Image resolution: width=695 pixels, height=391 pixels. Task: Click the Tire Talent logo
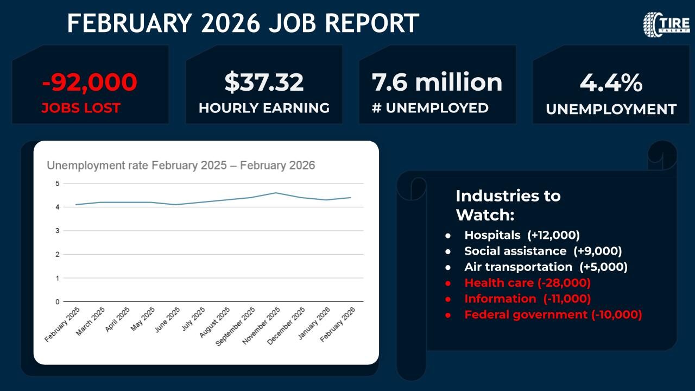(666, 24)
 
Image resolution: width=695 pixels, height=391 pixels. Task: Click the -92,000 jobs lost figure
(90, 82)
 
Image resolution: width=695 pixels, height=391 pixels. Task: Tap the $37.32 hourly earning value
(264, 82)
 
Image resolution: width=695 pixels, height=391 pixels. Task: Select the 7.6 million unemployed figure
(437, 82)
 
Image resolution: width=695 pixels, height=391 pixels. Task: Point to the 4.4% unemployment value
(611, 84)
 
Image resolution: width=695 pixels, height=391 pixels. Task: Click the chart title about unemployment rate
(181, 165)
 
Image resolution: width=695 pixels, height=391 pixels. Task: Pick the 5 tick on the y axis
(56, 184)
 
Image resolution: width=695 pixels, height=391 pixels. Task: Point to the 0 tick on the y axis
(56, 301)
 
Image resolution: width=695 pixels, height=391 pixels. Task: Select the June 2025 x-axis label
(168, 320)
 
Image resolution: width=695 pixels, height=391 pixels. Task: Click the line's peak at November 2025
(276, 193)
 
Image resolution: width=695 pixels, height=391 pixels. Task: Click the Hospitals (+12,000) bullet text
(522, 235)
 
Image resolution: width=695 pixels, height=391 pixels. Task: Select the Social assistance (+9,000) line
(543, 251)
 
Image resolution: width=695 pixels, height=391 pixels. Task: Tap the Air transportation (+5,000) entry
(546, 267)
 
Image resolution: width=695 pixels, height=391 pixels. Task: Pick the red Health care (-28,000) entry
(527, 282)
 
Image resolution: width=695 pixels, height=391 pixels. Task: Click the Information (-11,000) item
(527, 298)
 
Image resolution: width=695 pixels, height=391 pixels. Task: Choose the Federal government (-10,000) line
(553, 314)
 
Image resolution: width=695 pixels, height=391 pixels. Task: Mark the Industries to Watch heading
(508, 205)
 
